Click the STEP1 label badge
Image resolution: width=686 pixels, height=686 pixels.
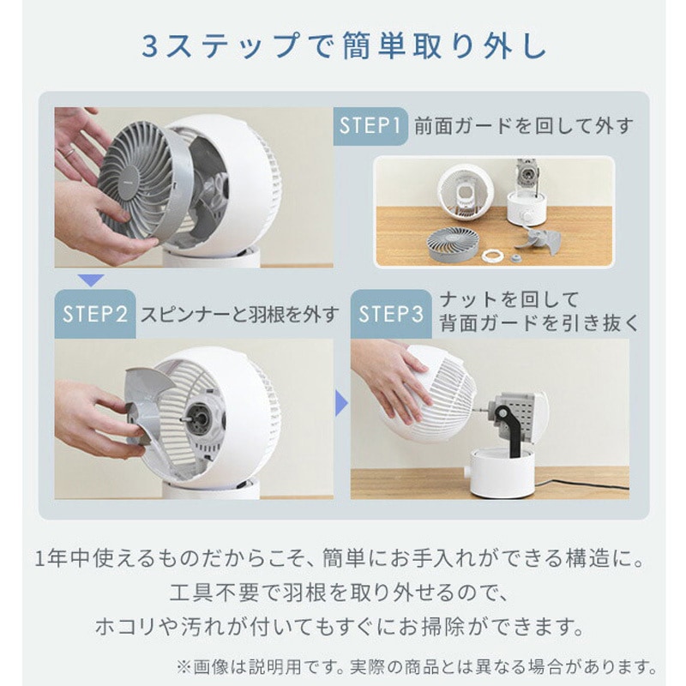[x=370, y=126]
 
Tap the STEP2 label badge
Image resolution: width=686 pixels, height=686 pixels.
[x=95, y=314]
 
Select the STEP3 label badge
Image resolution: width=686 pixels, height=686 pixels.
[x=391, y=314]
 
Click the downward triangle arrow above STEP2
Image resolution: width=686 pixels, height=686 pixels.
[x=91, y=280]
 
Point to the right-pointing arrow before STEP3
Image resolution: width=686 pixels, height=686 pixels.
[x=341, y=403]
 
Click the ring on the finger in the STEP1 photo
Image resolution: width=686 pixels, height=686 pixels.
[x=69, y=153]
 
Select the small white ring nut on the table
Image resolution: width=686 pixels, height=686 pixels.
[x=494, y=255]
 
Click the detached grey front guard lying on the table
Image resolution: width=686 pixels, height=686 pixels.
[x=453, y=244]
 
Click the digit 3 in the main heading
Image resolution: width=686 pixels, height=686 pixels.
[x=149, y=47]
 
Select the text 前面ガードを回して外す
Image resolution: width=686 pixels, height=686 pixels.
[x=523, y=126]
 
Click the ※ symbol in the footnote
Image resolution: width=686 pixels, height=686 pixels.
[x=184, y=668]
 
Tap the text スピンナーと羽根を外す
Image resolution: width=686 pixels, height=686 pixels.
[x=239, y=314]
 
